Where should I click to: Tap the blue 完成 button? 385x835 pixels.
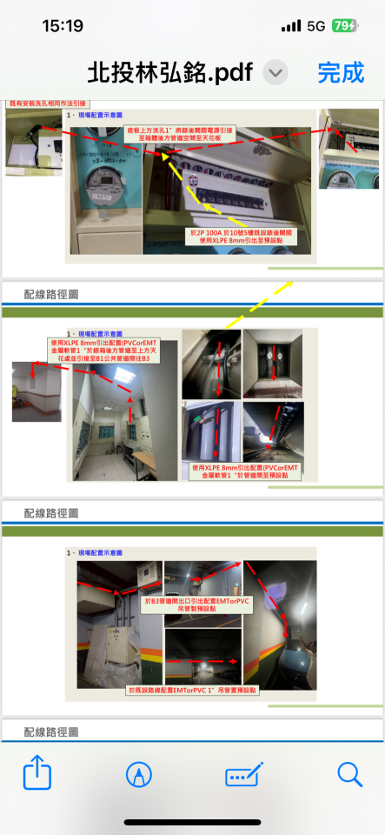point(341,72)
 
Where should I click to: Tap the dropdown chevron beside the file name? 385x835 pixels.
point(275,73)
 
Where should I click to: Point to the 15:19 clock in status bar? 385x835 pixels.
point(63,26)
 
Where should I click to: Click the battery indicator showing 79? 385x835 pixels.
point(344,26)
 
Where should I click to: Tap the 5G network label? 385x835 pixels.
point(315,26)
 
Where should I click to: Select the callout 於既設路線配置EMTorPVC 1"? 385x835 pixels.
point(192,689)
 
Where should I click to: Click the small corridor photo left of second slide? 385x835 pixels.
point(37,391)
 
